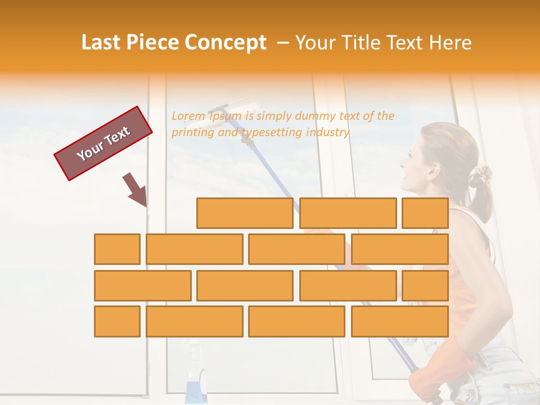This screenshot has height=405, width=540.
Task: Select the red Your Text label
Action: click(103, 143)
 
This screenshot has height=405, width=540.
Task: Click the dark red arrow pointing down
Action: click(136, 190)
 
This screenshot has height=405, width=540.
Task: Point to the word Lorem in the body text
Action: click(188, 116)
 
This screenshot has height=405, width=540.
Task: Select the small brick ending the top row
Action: click(425, 213)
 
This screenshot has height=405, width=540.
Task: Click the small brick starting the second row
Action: click(117, 249)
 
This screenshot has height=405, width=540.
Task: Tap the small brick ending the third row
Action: click(425, 286)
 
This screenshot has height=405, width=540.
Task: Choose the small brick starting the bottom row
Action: click(117, 321)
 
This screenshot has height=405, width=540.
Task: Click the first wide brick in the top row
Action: click(245, 213)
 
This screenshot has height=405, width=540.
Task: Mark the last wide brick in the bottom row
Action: click(399, 321)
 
